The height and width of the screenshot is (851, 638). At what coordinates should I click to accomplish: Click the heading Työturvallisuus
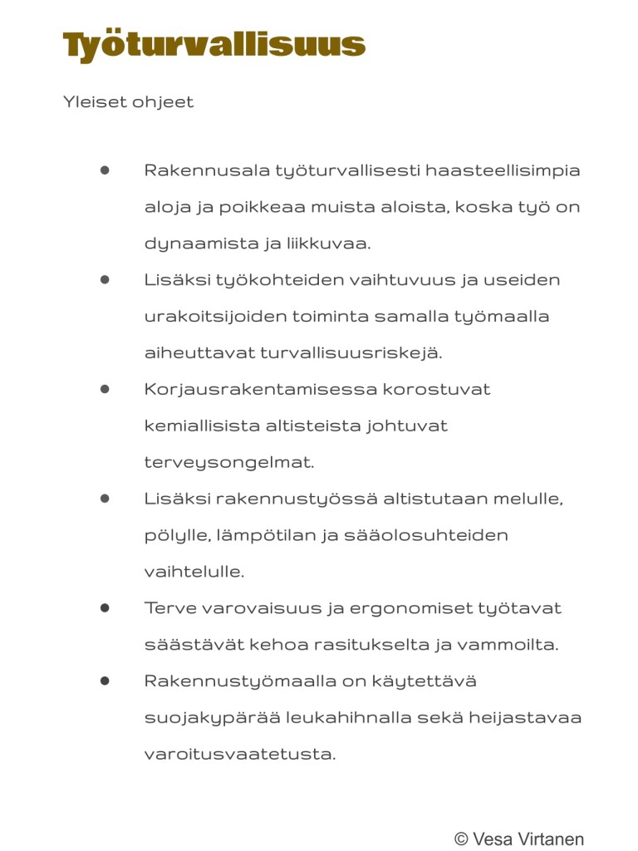tap(214, 45)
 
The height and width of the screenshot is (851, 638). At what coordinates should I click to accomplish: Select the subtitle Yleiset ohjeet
tap(128, 102)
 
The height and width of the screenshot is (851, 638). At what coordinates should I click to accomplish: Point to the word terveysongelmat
tap(229, 462)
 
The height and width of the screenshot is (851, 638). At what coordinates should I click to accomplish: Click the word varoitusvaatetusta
tap(240, 755)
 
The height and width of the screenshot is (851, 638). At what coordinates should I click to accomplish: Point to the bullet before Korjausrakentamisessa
tap(105, 389)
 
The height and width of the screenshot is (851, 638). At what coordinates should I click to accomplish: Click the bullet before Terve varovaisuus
tap(105, 608)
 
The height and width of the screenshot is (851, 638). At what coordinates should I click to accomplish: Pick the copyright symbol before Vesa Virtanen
tap(461, 839)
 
